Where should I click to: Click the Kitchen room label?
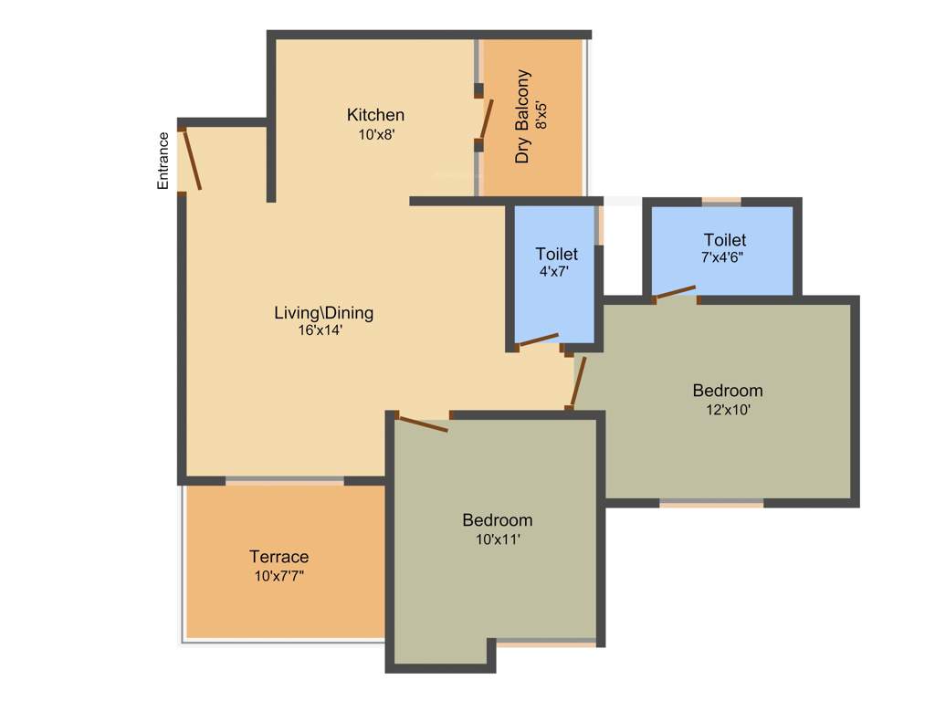[375, 115]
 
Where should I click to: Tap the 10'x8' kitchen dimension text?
[375, 134]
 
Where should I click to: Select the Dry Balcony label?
[522, 117]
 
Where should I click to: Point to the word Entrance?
[163, 161]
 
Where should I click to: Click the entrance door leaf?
[191, 160]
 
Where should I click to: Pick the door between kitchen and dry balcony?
[486, 118]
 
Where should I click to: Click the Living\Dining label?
[324, 313]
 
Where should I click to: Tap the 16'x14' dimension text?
[320, 331]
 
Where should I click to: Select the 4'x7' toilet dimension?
[554, 271]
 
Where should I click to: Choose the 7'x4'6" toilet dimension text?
[723, 257]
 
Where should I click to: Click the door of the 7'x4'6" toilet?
[676, 293]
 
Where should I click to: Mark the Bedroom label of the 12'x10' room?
[728, 391]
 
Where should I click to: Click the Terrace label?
[279, 557]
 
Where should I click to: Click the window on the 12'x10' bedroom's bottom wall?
[711, 502]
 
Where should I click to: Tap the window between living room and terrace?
[285, 480]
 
